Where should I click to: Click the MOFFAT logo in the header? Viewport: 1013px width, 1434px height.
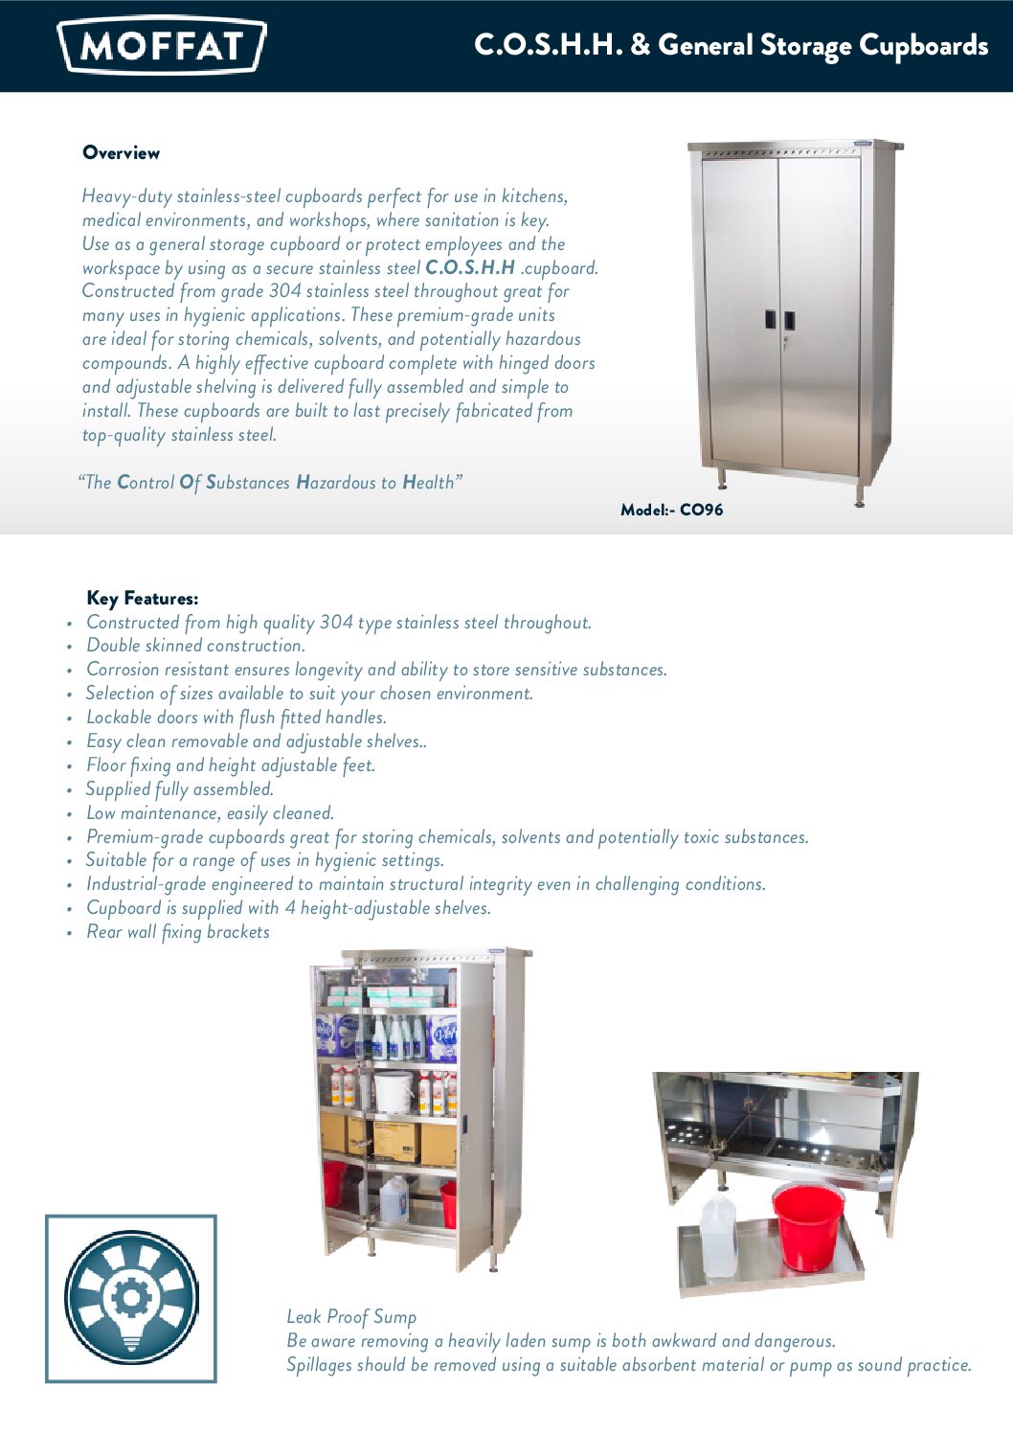pos(161,45)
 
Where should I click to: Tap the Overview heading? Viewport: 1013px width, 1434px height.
pos(121,153)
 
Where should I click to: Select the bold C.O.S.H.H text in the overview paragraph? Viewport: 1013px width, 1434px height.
pos(470,267)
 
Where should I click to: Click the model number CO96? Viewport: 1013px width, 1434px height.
pos(701,510)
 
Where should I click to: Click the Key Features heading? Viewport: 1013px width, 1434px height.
pos(142,599)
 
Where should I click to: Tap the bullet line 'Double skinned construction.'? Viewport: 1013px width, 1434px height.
pos(195,646)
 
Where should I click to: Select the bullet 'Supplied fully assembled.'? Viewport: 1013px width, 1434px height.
pos(180,789)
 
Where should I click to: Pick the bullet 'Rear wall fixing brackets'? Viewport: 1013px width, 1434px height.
pos(178,932)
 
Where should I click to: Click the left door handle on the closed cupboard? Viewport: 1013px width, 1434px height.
pos(770,320)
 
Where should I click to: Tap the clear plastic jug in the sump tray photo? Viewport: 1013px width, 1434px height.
pos(717,1236)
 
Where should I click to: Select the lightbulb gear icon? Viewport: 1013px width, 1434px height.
pos(131,1298)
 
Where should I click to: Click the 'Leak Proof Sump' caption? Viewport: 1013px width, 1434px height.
pos(351,1317)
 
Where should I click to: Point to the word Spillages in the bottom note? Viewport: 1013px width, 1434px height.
pos(319,1365)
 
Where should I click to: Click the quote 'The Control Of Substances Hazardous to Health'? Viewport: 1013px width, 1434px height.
pos(270,482)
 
